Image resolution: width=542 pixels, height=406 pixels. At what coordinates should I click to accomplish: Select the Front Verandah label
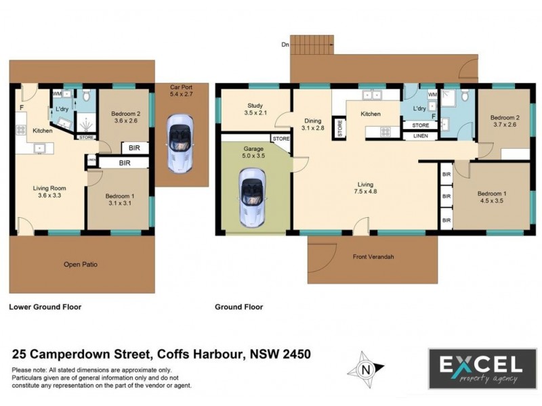point(373,256)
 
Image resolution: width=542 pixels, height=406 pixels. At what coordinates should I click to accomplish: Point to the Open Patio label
point(81,264)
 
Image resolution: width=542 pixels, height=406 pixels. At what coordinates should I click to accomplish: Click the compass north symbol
point(365,369)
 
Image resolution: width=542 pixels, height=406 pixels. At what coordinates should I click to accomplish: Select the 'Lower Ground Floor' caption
point(45,307)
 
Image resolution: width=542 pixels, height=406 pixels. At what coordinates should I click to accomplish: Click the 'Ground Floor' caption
point(239,307)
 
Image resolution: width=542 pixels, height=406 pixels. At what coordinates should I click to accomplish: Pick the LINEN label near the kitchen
point(421,136)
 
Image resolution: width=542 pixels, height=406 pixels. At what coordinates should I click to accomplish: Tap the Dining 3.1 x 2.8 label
point(313,124)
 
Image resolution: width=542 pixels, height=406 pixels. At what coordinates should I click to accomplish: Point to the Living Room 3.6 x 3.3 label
point(51,194)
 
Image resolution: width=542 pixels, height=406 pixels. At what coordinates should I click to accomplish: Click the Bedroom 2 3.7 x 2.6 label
point(504,121)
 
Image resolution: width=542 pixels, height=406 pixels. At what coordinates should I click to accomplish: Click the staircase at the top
point(312,45)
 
